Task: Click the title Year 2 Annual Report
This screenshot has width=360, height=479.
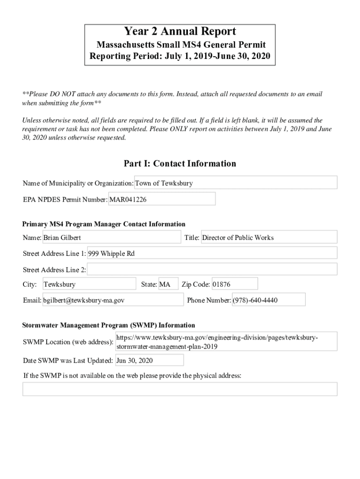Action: [180, 32]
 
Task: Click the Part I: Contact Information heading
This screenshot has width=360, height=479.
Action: [180, 164]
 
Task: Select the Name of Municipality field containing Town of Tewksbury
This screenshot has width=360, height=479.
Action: [236, 183]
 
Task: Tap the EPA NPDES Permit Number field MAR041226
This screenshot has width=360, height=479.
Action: [162, 199]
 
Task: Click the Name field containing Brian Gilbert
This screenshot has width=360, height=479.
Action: [111, 238]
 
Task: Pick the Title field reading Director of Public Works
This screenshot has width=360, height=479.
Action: [268, 238]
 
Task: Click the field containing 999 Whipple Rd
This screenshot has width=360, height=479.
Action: [212, 254]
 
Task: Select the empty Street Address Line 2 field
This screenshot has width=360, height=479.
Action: [212, 269]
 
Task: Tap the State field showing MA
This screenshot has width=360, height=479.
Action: [168, 284]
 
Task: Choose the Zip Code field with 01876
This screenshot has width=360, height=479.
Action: [234, 284]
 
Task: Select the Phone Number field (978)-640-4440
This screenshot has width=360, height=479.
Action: [268, 300]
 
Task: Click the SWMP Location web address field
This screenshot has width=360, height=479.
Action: [226, 342]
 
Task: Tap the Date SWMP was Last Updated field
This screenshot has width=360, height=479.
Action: [149, 361]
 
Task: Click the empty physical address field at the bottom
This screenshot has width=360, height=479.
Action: [180, 389]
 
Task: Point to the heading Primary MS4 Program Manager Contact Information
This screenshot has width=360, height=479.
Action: [104, 224]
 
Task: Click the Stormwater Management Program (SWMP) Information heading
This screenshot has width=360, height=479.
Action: [109, 325]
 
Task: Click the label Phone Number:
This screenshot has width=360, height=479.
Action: [209, 300]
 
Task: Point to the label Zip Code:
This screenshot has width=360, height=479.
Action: [195, 284]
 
